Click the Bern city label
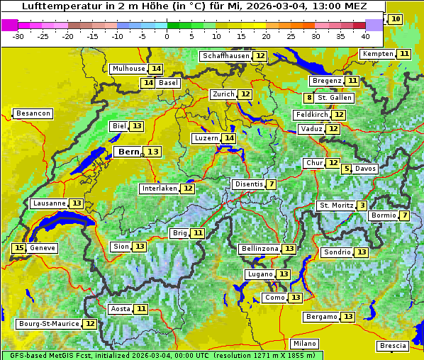(129, 152)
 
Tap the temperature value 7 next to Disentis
(272, 184)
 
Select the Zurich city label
(223, 94)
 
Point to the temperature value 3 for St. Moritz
(362, 206)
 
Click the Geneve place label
(43, 248)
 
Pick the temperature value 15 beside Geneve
(19, 248)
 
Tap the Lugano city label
(259, 274)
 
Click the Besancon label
(33, 113)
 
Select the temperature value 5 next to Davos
(346, 169)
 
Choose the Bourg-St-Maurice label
(48, 324)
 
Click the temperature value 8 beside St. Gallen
(309, 98)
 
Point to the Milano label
(305, 343)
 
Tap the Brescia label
(393, 346)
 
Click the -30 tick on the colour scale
(18, 35)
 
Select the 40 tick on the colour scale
(365, 35)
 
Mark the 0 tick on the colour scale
(167, 35)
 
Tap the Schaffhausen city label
(225, 56)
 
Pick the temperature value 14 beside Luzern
(228, 138)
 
